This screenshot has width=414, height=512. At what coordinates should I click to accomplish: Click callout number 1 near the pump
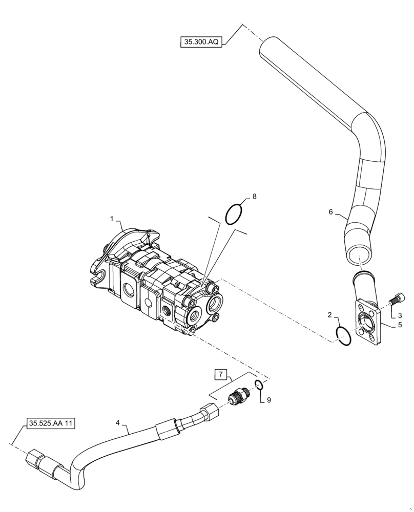tap(111, 219)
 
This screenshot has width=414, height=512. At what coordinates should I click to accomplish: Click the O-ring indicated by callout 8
tap(233, 214)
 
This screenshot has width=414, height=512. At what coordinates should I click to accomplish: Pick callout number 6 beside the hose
tap(330, 211)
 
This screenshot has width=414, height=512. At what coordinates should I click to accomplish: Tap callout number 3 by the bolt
tap(400, 317)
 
